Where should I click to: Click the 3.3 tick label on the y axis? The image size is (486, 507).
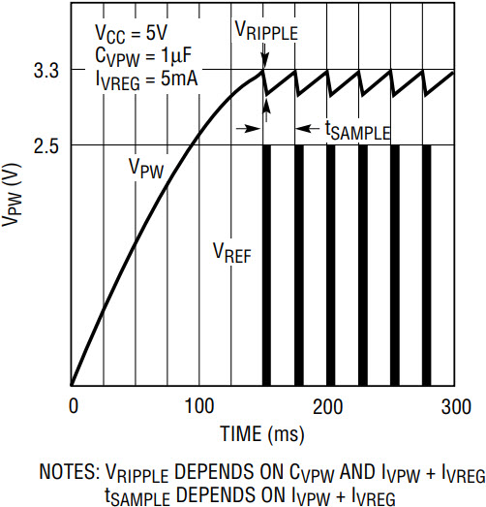tap(46, 71)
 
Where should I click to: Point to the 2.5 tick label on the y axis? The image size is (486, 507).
tap(46, 146)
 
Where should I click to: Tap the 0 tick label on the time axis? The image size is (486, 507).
tap(74, 406)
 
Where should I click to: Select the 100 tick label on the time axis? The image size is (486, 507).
tap(199, 406)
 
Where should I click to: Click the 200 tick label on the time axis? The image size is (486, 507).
tap(327, 406)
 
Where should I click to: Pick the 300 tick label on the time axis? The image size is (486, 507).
tap(456, 406)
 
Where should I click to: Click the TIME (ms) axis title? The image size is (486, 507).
tap(262, 434)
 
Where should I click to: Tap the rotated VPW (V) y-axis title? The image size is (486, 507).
tap(12, 195)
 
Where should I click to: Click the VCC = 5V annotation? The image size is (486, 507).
tap(131, 34)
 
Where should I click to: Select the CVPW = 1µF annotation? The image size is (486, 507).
tap(143, 57)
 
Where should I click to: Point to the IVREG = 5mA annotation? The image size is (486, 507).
tap(146, 80)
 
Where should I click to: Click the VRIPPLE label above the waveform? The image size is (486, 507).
tap(266, 31)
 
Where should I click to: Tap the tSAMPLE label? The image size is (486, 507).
tap(357, 131)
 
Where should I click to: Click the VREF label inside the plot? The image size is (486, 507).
tap(232, 252)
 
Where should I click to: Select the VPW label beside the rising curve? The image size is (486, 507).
tap(146, 168)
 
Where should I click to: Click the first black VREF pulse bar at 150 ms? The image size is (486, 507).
tap(267, 266)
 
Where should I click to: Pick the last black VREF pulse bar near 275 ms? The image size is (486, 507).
tap(427, 266)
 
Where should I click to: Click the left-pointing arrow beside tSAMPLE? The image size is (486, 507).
tap(308, 129)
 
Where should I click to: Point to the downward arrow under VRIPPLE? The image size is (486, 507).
tap(264, 56)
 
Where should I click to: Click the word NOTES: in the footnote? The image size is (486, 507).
tap(70, 472)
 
